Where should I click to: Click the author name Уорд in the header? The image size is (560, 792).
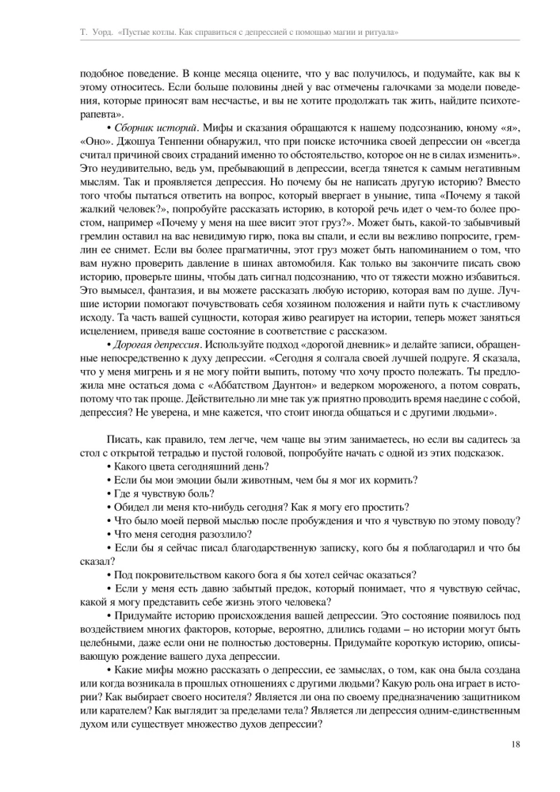coord(94,32)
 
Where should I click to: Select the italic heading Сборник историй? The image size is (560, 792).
coord(156,127)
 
